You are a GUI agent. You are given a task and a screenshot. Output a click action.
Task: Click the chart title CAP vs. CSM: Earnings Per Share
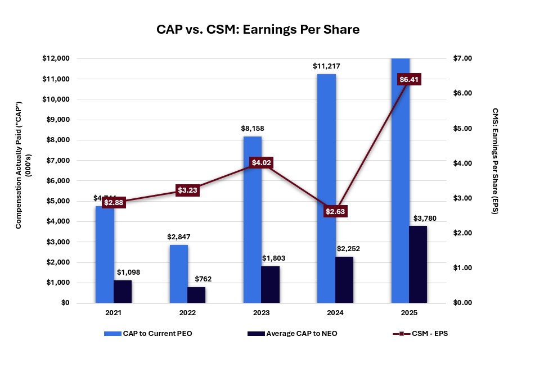[x=258, y=30]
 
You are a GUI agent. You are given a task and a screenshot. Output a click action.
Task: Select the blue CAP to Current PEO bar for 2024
[x=326, y=188]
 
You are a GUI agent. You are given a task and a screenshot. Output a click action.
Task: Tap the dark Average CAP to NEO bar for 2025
[x=418, y=264]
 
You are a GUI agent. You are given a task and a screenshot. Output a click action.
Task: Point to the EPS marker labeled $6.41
[x=409, y=79]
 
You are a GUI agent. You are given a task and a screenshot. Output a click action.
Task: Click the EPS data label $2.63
[x=335, y=212]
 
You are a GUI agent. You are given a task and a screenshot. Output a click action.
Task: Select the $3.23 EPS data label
[x=188, y=190]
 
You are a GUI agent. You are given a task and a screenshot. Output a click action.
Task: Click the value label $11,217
[x=326, y=66]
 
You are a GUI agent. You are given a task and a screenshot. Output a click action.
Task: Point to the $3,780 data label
[x=425, y=218]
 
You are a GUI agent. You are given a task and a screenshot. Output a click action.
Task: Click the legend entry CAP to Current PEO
[x=152, y=334]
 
